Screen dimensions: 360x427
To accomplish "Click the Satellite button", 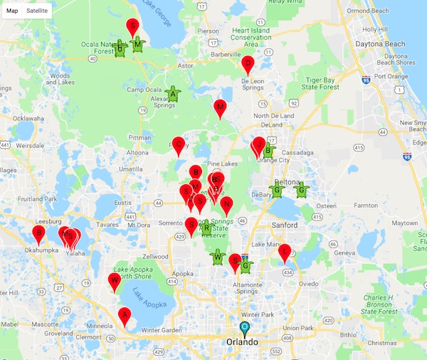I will (x=38, y=12).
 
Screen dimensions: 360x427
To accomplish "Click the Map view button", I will (x=12, y=12).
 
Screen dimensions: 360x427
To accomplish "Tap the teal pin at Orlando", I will (x=245, y=329).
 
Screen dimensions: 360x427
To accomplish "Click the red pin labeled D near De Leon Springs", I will (x=248, y=64).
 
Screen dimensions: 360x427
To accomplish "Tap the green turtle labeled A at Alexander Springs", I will (x=172, y=93).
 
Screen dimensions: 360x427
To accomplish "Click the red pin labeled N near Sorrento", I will (x=226, y=206).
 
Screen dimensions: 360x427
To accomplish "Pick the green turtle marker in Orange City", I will (x=268, y=150).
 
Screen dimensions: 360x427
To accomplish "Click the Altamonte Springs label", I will (x=238, y=287).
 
